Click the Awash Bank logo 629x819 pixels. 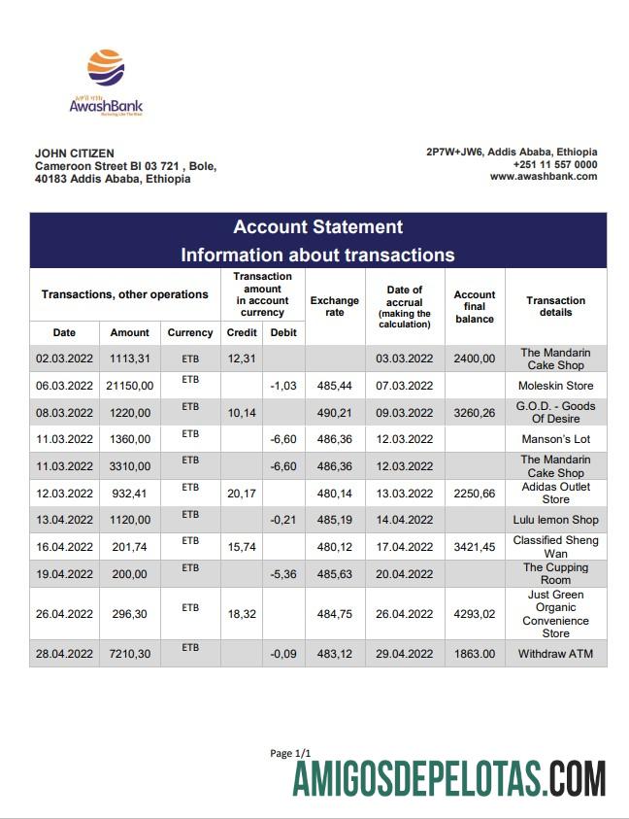(106, 83)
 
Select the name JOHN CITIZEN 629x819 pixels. (75, 153)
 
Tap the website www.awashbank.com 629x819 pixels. (543, 177)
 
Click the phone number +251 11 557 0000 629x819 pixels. (555, 164)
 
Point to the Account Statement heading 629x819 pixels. (317, 227)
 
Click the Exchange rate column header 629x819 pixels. (335, 306)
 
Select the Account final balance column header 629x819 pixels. (475, 306)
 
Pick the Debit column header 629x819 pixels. (283, 332)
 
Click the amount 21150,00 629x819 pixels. (130, 386)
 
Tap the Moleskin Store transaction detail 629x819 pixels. (556, 386)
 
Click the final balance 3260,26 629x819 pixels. (475, 412)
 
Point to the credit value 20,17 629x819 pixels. (241, 494)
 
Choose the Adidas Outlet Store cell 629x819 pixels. (556, 493)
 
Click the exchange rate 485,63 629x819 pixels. (335, 573)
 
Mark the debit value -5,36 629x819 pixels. (283, 573)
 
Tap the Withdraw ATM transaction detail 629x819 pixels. (556, 653)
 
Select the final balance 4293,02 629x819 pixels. (475, 613)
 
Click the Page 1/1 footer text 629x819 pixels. (291, 754)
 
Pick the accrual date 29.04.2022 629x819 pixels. (405, 653)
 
